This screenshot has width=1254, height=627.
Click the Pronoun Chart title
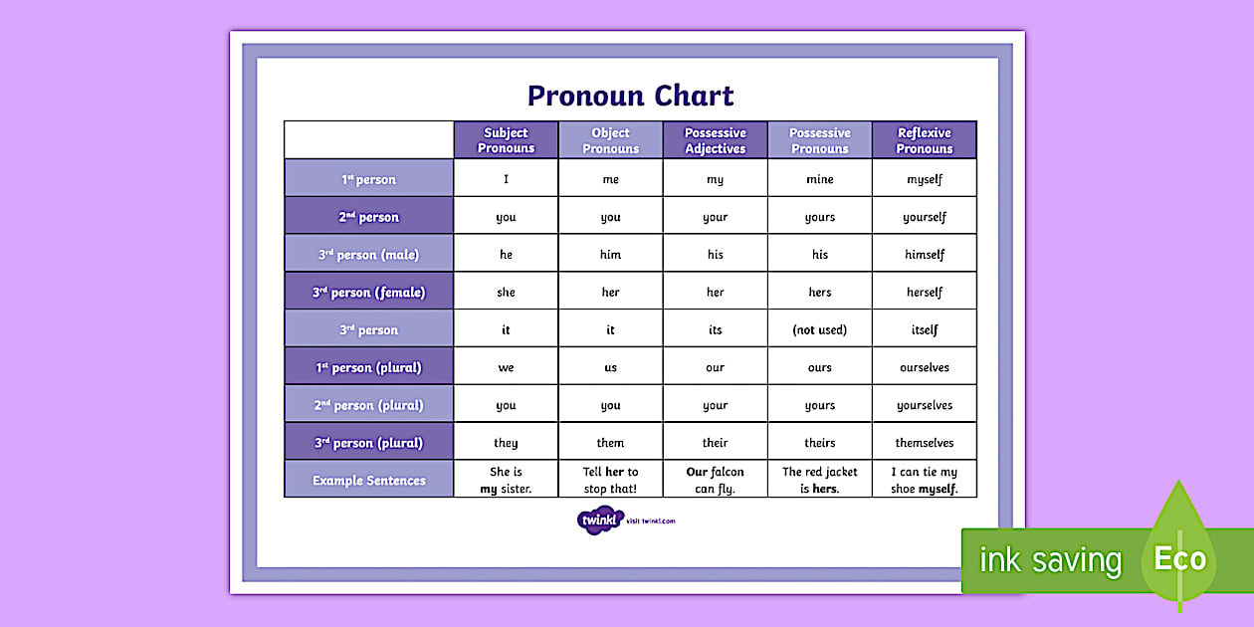pos(630,96)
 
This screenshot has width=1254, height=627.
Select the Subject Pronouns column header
pos(506,140)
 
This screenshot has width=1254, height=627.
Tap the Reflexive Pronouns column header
pos(924,140)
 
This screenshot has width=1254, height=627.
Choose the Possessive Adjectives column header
pos(715,140)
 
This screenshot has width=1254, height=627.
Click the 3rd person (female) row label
pos(368,293)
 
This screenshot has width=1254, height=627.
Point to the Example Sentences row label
pos(368,480)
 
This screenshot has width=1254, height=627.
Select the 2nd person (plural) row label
pos(368,405)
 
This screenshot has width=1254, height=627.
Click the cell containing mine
pos(819,179)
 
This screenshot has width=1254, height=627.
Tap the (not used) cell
pos(819,329)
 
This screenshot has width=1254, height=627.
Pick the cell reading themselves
pos(924,443)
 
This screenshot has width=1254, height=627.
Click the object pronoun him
pos(610,255)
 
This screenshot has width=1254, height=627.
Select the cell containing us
pos(610,367)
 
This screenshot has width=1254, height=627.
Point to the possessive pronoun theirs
pos(819,443)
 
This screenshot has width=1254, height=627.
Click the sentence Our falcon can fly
pos(715,480)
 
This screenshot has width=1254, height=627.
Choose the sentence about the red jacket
pos(819,480)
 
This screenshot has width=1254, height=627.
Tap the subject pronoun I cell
pos(506,179)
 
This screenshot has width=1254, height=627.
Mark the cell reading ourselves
pos(924,367)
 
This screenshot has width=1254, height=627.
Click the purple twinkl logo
pos(599,520)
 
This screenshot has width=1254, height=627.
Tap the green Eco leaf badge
pos(1179,552)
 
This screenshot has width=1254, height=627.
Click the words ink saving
pos(1050,560)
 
